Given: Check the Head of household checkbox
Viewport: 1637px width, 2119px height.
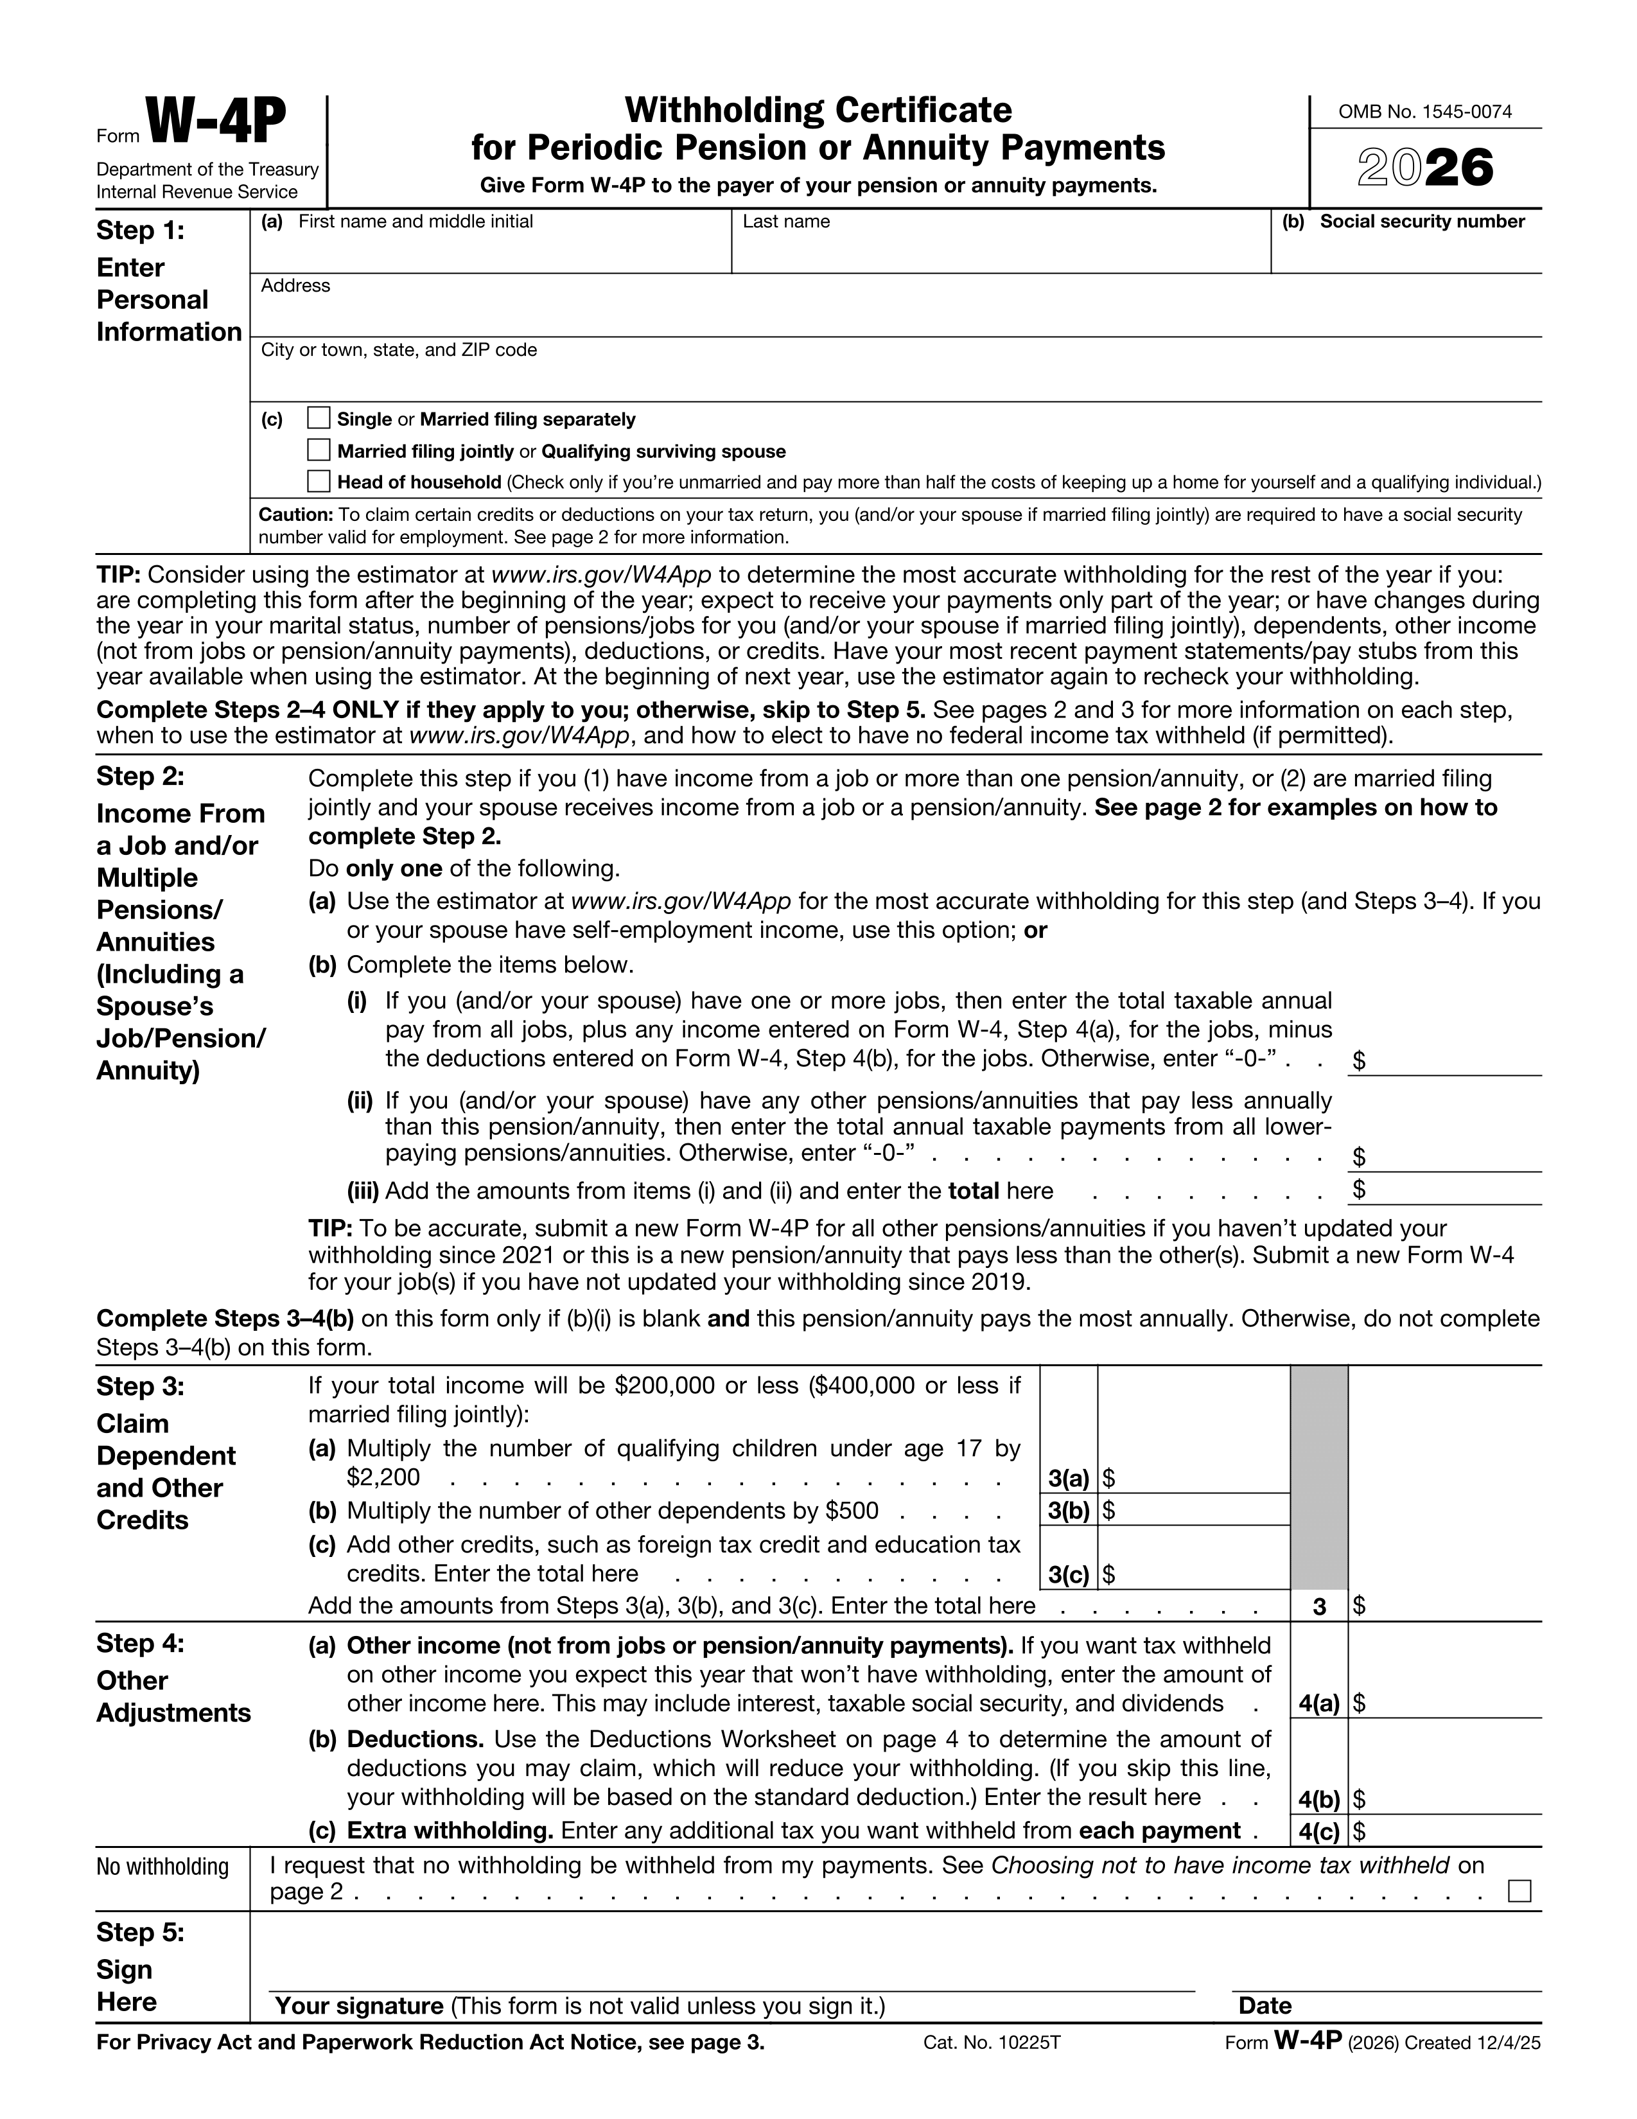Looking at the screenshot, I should pyautogui.click(x=319, y=481).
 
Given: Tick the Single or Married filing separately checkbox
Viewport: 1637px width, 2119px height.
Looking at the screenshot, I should pyautogui.click(x=319, y=418).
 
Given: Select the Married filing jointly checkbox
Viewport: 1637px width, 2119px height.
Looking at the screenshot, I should pyautogui.click(x=319, y=450).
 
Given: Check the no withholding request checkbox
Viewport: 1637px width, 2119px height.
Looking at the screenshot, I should pyautogui.click(x=1519, y=1891).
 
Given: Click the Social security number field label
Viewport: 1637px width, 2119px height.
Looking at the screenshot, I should pyautogui.click(x=1422, y=221).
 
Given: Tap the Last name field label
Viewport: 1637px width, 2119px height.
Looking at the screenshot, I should pyautogui.click(x=786, y=221).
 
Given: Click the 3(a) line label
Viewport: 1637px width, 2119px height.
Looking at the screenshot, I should pyautogui.click(x=1069, y=1478).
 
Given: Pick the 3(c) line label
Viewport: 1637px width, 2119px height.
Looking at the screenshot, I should pyautogui.click(x=1069, y=1575).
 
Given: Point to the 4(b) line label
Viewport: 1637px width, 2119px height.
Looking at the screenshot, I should pyautogui.click(x=1318, y=1800).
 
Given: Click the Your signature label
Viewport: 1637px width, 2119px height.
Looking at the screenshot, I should pyautogui.click(x=359, y=2005).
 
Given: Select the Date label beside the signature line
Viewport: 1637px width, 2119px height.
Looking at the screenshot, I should pyautogui.click(x=1265, y=2005).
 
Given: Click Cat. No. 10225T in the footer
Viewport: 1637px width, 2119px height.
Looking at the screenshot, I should pyautogui.click(x=992, y=2043).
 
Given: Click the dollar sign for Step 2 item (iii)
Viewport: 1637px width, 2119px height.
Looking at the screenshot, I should pyautogui.click(x=1360, y=1190).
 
